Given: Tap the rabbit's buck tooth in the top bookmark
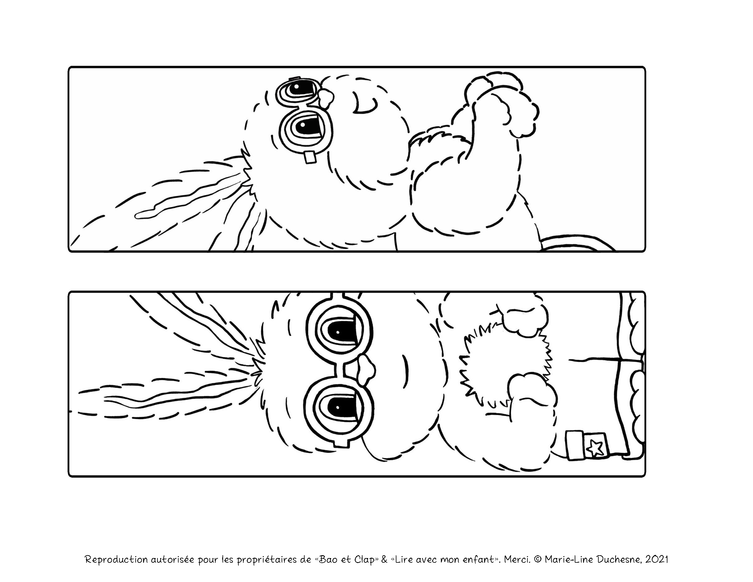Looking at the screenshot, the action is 310,157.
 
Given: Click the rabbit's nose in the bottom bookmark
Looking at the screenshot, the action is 366,371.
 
